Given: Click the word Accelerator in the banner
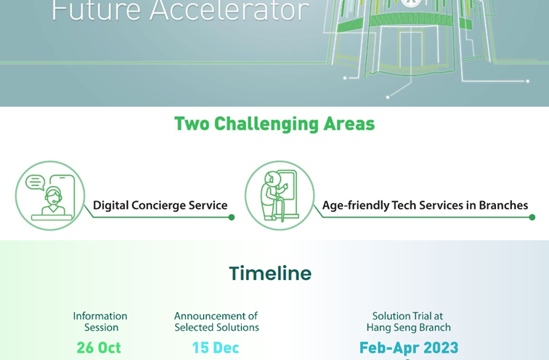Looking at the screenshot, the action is tap(229, 10).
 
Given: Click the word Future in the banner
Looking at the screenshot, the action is tap(97, 10).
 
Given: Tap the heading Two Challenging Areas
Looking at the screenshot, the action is tap(274, 124).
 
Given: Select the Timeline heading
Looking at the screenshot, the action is tap(270, 273).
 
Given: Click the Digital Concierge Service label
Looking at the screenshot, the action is tap(160, 205).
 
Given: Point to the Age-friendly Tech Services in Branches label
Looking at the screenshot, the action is tap(425, 205).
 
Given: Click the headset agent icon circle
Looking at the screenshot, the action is tap(50, 195).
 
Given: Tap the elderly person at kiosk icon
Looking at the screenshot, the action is tap(280, 195).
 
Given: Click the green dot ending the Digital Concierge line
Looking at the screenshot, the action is tap(232, 217).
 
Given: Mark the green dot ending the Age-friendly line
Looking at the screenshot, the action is tap(532, 217).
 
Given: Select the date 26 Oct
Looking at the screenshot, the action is tap(99, 348).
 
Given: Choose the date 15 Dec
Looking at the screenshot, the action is tap(216, 348).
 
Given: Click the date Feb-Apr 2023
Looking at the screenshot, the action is tap(409, 348).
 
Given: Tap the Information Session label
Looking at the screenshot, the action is tap(100, 322).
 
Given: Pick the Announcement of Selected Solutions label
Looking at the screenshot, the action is tap(216, 322).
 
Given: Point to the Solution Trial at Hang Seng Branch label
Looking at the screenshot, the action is tap(409, 322).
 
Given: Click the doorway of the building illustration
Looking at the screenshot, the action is tap(411, 49).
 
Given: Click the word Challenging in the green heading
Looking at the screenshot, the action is tap(266, 124).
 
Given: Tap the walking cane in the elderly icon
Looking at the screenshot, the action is tap(281, 209).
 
